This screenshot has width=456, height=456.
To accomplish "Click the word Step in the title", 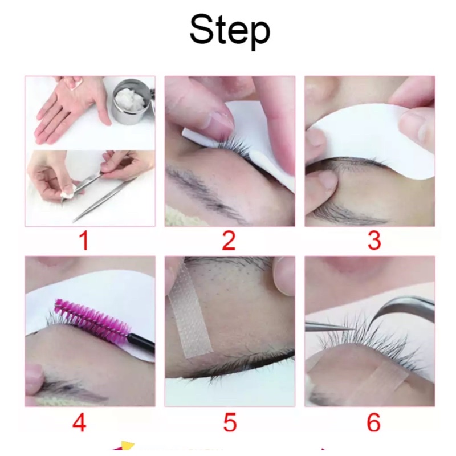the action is pos(230,31).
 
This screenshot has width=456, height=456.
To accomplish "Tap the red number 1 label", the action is pos(84,241).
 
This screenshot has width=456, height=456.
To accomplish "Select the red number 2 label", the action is pos(229,241).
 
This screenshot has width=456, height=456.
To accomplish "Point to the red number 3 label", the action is pos(374,241).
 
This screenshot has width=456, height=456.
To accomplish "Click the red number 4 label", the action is pos(79,422).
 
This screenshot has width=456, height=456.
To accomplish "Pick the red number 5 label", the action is pos(230,422).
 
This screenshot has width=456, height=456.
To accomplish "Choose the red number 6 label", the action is pos(374,422).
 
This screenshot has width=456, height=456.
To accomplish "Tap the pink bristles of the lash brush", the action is pos(92,317).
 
